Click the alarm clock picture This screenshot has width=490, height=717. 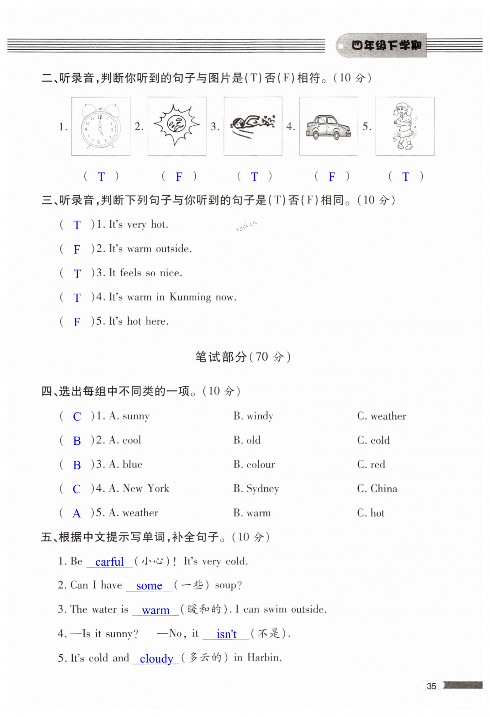pos(101,126)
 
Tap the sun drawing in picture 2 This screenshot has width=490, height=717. pos(177,124)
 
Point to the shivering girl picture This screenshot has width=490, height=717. pos(404,126)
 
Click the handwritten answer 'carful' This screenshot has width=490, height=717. pos(109,562)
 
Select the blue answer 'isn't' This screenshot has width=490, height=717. pos(226,634)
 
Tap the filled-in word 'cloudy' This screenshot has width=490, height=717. pos(156,659)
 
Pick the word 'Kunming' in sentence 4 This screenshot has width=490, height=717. pos(190,297)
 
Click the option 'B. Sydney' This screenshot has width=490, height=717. pos(256,489)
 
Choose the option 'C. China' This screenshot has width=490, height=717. pos(377,489)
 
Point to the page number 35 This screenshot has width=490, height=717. pos(431,686)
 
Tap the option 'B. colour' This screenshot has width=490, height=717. pos(254,464)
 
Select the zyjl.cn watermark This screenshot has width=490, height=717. pos(246,225)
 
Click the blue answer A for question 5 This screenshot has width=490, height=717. pos(76,513)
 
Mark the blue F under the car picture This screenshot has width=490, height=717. pos(332,177)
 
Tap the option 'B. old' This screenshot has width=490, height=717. pos(247,440)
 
